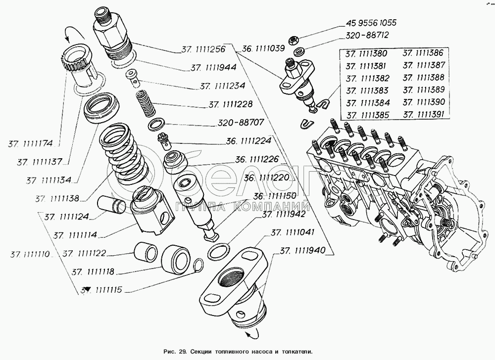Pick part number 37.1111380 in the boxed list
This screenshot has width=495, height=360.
click(367, 53)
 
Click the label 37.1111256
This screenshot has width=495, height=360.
click(203, 49)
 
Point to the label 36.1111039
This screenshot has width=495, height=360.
click(263, 49)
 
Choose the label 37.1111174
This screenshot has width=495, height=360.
click(31, 144)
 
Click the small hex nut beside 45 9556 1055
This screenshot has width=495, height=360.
click(293, 39)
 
